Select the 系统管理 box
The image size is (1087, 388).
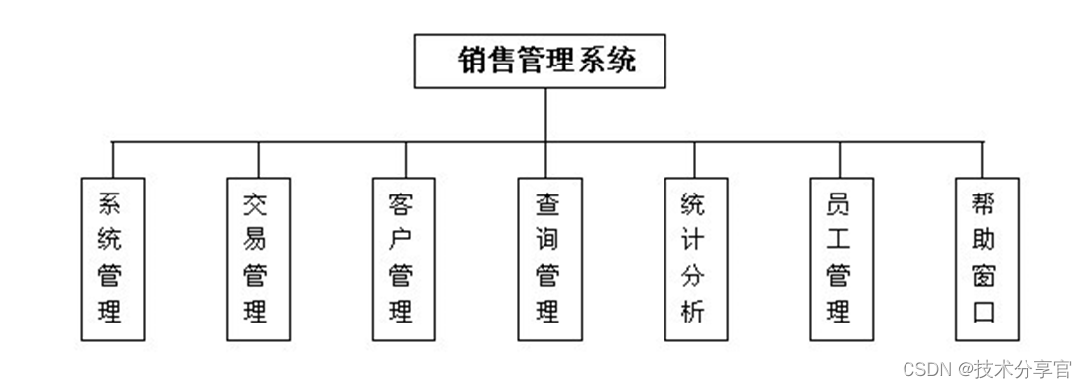pos(112,259)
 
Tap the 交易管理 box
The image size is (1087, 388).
pos(257,259)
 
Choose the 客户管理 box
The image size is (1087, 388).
pos(403,259)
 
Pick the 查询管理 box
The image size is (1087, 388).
pos(548,259)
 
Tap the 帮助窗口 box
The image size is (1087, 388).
pos(984,259)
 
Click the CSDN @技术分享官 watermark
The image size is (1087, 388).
pos(987,369)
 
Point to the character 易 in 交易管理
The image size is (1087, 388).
pos(256,239)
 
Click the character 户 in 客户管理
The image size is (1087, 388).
pos(402,239)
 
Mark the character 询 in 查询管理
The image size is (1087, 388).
pos(547,239)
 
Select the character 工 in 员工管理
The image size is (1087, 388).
pos(839,239)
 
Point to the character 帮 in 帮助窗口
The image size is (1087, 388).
pos(983,204)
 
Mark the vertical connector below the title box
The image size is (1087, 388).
pos(545,114)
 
